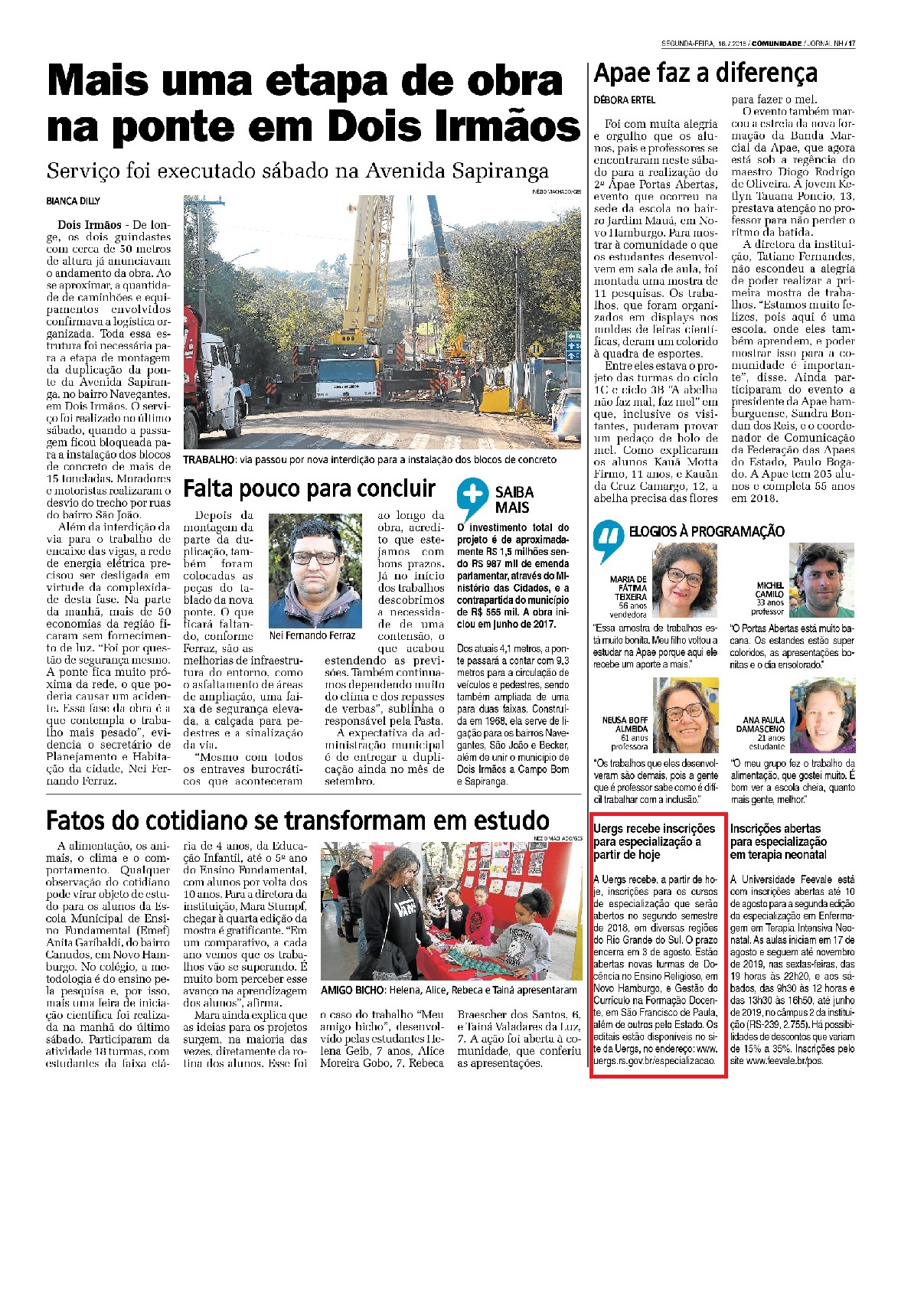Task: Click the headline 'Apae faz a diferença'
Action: [705, 73]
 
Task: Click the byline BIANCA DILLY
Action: [73, 201]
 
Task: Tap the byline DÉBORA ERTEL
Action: [625, 100]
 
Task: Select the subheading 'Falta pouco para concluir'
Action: [309, 488]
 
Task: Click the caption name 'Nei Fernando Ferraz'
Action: [312, 635]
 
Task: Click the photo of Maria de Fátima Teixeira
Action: [684, 581]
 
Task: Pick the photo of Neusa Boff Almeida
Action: [685, 716]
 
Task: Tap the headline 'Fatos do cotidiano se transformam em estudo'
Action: [298, 821]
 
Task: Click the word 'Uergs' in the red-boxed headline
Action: [609, 829]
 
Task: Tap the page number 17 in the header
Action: [851, 44]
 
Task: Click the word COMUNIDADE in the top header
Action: [776, 44]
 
